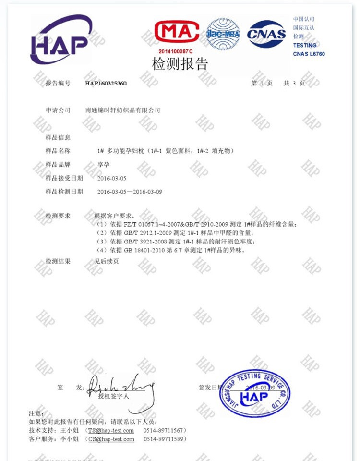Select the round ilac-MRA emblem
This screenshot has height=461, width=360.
[x=224, y=34]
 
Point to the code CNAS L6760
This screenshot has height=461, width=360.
[x=309, y=54]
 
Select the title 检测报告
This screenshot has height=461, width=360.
[x=180, y=64]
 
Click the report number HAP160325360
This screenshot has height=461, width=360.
[x=106, y=83]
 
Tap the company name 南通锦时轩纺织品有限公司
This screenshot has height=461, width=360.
[x=122, y=110]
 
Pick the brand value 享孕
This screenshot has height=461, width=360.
[x=102, y=164]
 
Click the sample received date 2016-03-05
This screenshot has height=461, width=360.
[x=112, y=178]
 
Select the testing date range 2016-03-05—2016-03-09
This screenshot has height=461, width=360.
[x=130, y=192]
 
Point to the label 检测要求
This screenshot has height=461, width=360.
[x=58, y=216]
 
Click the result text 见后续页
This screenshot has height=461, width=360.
[x=106, y=261]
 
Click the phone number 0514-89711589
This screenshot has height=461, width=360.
[x=165, y=439]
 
